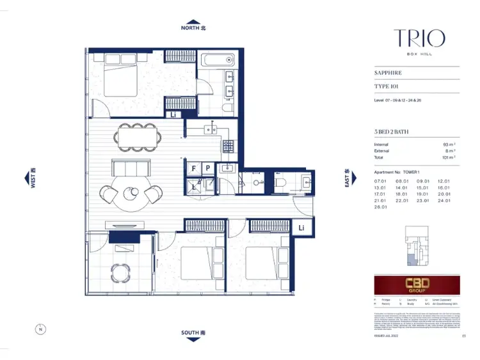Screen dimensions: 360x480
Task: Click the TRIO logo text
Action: [419, 38]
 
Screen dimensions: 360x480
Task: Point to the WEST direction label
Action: [32, 178]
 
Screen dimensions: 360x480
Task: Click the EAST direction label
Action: [346, 178]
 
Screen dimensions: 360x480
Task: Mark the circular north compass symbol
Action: [40, 329]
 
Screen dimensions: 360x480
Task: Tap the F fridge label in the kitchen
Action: [193, 168]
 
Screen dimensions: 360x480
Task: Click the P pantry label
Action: [207, 168]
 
